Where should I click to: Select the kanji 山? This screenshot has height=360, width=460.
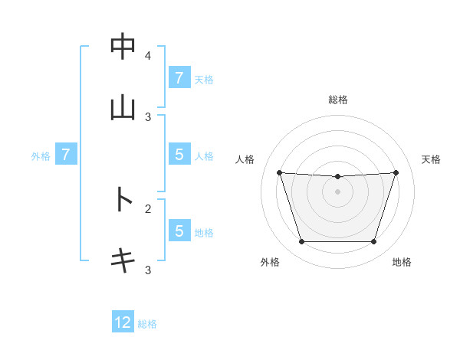[x=123, y=108]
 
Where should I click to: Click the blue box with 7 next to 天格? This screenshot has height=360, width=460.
[x=179, y=78]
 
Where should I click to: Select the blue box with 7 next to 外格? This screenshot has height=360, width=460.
[x=66, y=155]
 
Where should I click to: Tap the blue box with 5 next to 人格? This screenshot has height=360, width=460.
[x=179, y=155]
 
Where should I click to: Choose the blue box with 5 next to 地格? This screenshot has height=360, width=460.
[x=179, y=231]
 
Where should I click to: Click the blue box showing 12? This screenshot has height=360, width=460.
[x=123, y=322]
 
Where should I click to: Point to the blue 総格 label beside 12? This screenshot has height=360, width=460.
[x=147, y=324]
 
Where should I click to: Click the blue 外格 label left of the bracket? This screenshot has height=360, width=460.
[x=41, y=156]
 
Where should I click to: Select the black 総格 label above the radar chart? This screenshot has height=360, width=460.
[x=338, y=100]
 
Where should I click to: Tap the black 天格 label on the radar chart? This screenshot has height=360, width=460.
[x=432, y=159]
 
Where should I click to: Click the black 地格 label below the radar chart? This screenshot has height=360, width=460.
[x=402, y=262]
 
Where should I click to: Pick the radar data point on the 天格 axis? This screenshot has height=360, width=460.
[x=396, y=172]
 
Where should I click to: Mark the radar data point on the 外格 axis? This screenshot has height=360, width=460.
[x=301, y=242]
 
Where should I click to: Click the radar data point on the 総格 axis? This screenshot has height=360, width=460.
[x=338, y=177]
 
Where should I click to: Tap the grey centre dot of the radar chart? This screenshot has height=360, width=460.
[x=338, y=191]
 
